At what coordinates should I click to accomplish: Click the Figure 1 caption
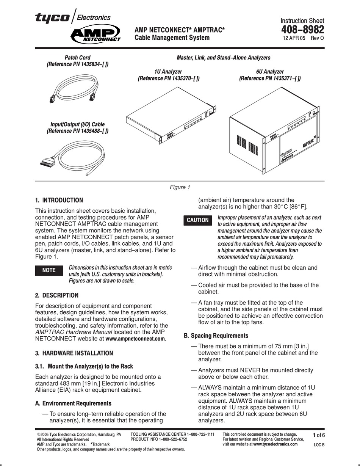(x=180, y=187)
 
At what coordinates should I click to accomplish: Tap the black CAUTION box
(x=197, y=220)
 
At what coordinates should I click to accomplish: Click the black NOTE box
(x=49, y=270)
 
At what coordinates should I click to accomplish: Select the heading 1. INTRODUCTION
(x=59, y=200)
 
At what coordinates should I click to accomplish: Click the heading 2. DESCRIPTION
(x=57, y=295)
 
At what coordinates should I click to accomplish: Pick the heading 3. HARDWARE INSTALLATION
(x=74, y=353)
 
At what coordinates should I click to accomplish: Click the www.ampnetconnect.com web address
(x=136, y=339)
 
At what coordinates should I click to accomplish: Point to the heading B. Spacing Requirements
(x=216, y=336)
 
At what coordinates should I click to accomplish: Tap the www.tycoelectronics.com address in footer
(x=275, y=444)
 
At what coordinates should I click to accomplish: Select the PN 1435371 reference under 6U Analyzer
(x=269, y=78)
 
